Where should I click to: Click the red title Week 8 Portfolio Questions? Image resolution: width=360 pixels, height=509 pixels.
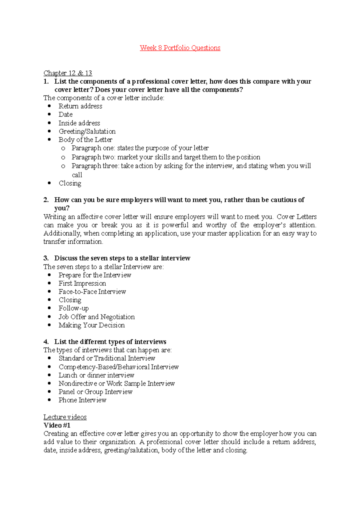coord(180,48)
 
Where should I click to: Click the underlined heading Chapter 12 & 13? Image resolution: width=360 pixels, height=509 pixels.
coord(68,73)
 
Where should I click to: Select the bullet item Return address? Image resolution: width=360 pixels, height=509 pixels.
coord(80,106)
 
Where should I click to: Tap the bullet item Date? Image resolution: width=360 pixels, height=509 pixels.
coord(66,115)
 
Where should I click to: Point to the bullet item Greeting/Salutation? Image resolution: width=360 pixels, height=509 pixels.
coord(87,131)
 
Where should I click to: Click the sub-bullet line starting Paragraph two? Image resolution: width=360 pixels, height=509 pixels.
coord(166,157)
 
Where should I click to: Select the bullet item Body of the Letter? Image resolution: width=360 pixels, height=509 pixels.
coord(85,140)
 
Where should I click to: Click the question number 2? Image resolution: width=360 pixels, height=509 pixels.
coord(46,200)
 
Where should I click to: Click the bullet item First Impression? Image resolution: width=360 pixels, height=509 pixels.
coord(82,283)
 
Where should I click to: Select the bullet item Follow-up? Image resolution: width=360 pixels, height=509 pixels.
coord(74,308)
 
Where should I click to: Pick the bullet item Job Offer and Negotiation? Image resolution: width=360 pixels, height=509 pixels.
coord(97,317)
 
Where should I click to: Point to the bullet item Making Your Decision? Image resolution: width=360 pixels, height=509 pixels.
coord(91,325)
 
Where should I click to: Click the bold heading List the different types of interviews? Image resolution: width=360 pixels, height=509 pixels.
coord(110,342)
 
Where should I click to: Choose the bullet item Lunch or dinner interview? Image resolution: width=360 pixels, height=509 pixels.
coord(96,375)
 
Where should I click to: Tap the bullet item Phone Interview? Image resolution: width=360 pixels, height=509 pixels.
coord(82,400)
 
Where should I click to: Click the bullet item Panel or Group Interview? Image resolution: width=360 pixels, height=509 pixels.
coord(95,392)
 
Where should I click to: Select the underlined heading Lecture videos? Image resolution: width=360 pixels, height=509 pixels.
coord(65,417)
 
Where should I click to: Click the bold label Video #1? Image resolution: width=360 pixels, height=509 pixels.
coord(57,425)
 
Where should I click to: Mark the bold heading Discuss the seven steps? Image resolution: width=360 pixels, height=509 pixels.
coord(122,258)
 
